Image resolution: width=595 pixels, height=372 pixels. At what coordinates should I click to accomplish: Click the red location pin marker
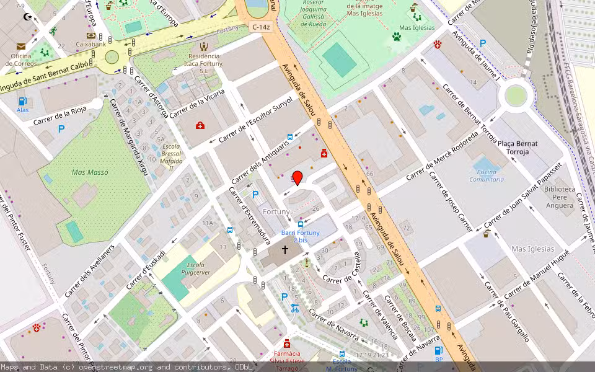click(x=297, y=177)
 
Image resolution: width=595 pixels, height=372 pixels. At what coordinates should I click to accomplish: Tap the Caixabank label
click(x=90, y=44)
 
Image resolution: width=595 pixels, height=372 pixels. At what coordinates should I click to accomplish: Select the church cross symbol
click(x=285, y=250)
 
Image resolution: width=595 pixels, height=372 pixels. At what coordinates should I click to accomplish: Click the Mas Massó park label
click(x=90, y=172)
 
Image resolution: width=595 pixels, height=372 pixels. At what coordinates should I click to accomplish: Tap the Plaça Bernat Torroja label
click(x=518, y=148)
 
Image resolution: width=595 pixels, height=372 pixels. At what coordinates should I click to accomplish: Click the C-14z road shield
click(x=260, y=27)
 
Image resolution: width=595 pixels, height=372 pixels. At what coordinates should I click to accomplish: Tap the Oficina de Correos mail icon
click(x=21, y=46)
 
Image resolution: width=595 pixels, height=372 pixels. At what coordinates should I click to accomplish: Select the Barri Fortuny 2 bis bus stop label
click(x=301, y=236)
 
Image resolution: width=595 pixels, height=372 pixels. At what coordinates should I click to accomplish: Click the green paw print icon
click(x=396, y=37)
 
